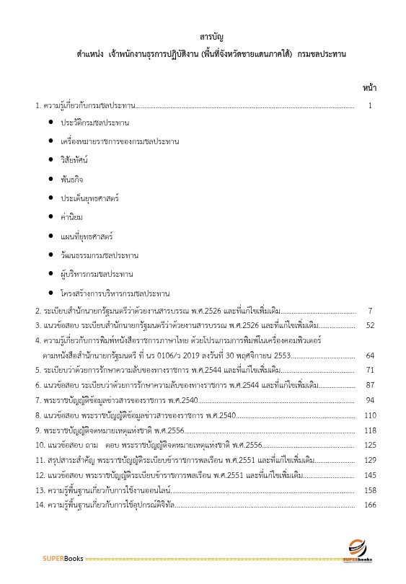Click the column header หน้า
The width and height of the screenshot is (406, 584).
coord(369,88)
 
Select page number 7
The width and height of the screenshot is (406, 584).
coord(369,310)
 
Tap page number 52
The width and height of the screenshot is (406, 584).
coord(370,325)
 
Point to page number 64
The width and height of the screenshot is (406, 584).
coord(370,355)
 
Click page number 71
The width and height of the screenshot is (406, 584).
coord(370,370)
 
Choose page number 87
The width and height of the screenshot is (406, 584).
coord(370,385)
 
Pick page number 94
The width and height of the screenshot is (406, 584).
coord(370,400)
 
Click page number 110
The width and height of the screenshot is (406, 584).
coord(370,415)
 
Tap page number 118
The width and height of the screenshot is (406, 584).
coord(370,430)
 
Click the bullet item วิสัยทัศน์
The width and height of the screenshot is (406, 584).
coord(77,159)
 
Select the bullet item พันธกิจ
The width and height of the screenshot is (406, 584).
coord(73,178)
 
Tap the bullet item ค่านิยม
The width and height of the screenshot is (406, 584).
coord(72,216)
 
